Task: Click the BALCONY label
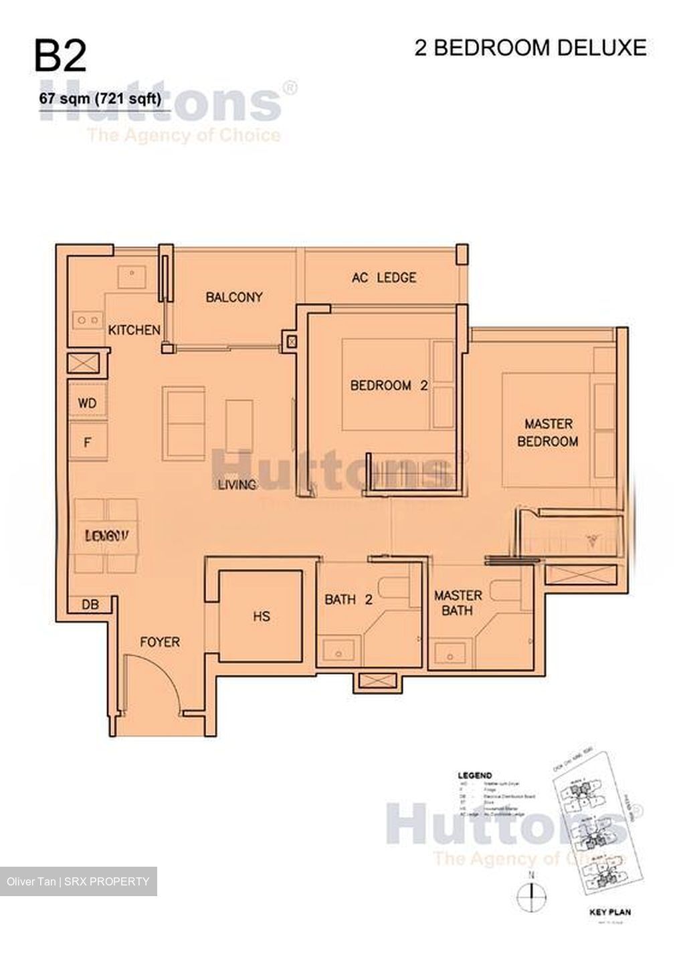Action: [233, 297]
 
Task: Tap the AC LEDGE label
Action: [384, 277]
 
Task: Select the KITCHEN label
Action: [134, 330]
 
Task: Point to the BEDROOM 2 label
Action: [389, 385]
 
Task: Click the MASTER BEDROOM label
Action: [548, 433]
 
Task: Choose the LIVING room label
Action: [237, 484]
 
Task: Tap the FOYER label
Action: [160, 642]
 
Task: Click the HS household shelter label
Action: [262, 616]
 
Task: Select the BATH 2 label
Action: [348, 600]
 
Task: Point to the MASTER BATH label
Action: [458, 603]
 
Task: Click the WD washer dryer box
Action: [88, 403]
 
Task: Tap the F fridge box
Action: [88, 442]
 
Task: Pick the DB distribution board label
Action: [90, 605]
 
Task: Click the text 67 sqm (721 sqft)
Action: [100, 99]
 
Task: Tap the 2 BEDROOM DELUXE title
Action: [530, 48]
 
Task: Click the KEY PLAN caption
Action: [609, 912]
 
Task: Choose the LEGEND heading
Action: [475, 776]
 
